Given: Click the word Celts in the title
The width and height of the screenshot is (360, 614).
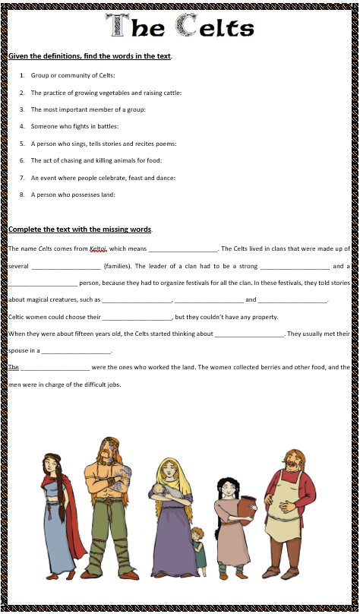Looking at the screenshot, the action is pyautogui.click(x=215, y=27).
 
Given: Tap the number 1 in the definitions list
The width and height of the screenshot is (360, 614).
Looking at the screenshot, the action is pyautogui.click(x=23, y=75).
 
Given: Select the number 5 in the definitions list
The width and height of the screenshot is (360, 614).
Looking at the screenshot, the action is pyautogui.click(x=23, y=143).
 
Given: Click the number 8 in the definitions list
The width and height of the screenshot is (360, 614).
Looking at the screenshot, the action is pyautogui.click(x=23, y=195).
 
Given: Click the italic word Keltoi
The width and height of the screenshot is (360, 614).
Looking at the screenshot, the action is pyautogui.click(x=98, y=248).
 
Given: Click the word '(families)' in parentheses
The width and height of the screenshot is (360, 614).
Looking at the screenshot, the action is pyautogui.click(x=119, y=266).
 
